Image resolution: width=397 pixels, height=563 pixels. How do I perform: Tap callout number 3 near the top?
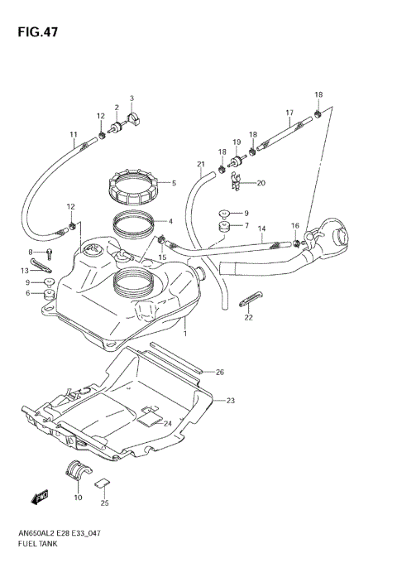tap(131, 99)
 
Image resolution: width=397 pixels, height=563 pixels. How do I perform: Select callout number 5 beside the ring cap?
tap(173, 183)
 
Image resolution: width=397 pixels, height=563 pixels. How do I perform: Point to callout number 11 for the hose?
tap(73, 135)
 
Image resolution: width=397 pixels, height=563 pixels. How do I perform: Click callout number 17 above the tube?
tap(289, 113)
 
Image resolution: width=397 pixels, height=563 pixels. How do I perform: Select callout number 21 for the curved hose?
tap(200, 164)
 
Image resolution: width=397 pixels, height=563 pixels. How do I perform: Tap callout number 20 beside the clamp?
tap(261, 183)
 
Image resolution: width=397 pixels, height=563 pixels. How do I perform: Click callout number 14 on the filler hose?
tap(261, 229)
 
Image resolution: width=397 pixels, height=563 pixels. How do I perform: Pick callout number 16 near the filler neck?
tap(294, 226)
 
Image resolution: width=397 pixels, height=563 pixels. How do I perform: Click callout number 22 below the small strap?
tap(248, 317)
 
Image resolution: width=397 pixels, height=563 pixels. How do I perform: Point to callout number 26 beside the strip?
tap(219, 372)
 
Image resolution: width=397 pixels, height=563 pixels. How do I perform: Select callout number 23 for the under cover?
tap(231, 401)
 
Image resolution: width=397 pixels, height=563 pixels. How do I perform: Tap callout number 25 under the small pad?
tap(104, 503)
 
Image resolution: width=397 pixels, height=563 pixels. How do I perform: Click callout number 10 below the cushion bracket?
tap(78, 497)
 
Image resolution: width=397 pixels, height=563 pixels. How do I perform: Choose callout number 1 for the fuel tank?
tap(184, 334)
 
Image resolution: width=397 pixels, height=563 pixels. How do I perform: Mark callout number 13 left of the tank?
tap(25, 271)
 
